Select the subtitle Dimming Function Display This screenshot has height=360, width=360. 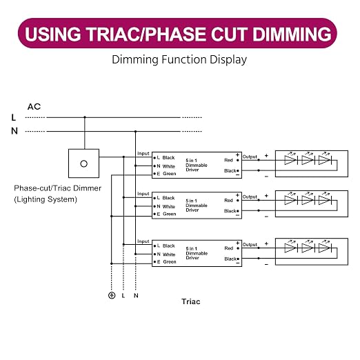tap(179, 59)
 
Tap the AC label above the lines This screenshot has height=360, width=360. tap(34, 107)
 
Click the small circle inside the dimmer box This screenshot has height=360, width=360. tap(83, 163)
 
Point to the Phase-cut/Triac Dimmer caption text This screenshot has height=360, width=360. tap(58, 188)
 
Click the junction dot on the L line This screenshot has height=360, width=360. tap(85, 117)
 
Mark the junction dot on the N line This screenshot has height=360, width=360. tap(135, 132)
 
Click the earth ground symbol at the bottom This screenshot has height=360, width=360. tap(112, 295)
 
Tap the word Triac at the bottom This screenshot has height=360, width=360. tap(191, 301)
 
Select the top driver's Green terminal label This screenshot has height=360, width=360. tap(170, 174)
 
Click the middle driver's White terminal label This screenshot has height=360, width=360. tap(169, 206)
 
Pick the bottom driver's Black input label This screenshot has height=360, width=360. tap(169, 246)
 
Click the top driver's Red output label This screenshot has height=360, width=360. tap(228, 160)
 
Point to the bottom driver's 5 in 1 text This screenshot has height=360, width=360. tap(191, 248)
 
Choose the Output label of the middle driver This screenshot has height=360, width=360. tap(250, 197)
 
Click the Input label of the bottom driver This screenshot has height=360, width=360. tap(143, 241)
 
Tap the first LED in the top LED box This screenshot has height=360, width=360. tap(291, 160)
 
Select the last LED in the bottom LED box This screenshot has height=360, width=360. tap(325, 248)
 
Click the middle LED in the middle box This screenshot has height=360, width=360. tap(308, 200)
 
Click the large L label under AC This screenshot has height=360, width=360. tap(14, 118)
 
